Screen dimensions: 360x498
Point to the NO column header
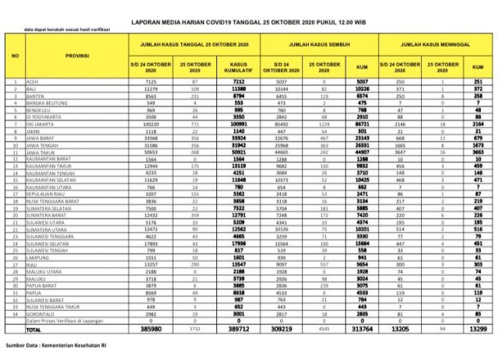point(15,57)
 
